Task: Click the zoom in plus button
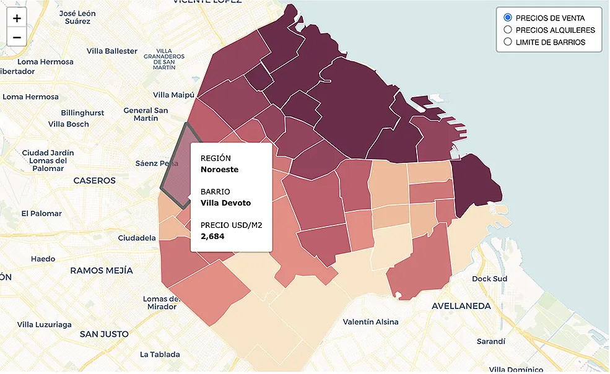pyautogui.click(x=17, y=18)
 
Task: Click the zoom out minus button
pyautogui.click(x=17, y=37)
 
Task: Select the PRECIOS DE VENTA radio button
pyautogui.click(x=508, y=17)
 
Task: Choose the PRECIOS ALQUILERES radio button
pyautogui.click(x=508, y=30)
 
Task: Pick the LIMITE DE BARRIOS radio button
pyautogui.click(x=508, y=42)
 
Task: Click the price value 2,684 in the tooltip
pyautogui.click(x=212, y=236)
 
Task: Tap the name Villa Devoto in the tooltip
pyautogui.click(x=225, y=202)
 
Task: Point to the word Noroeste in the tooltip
pyautogui.click(x=219, y=169)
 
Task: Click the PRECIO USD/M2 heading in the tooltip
pyautogui.click(x=231, y=225)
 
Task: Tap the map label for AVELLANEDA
pyautogui.click(x=461, y=306)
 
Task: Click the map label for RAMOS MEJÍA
pyautogui.click(x=101, y=271)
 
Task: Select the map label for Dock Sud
pyautogui.click(x=489, y=279)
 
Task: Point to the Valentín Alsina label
pyautogui.click(x=370, y=322)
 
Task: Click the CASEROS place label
pyautogui.click(x=94, y=181)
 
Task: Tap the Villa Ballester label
pyautogui.click(x=111, y=51)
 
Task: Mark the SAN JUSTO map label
pyautogui.click(x=104, y=334)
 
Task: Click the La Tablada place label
pyautogui.click(x=160, y=354)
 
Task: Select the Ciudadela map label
pyautogui.click(x=136, y=238)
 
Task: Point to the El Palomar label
pyautogui.click(x=41, y=214)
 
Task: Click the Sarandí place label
pyautogui.click(x=490, y=342)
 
